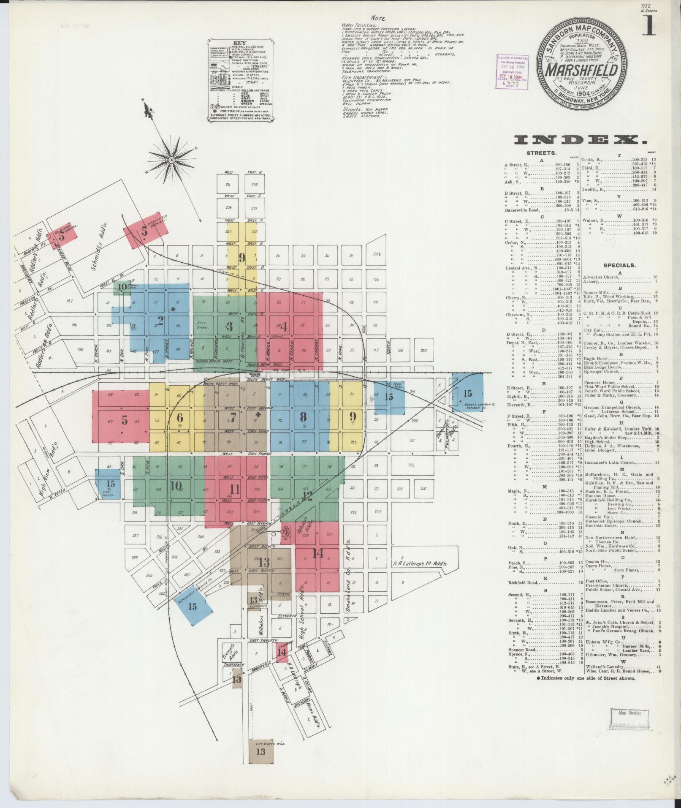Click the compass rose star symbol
(x=172, y=160)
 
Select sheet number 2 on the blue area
(x=160, y=318)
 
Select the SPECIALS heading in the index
(x=619, y=266)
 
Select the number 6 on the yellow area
(x=180, y=418)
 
